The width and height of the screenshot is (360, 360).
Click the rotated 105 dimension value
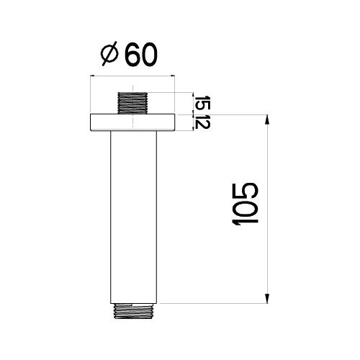(245, 205)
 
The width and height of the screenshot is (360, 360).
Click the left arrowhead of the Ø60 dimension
(92, 74)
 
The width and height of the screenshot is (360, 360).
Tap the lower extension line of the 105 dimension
(216, 304)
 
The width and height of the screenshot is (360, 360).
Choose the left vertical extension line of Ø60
(89, 94)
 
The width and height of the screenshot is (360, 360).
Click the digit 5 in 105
(245, 189)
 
